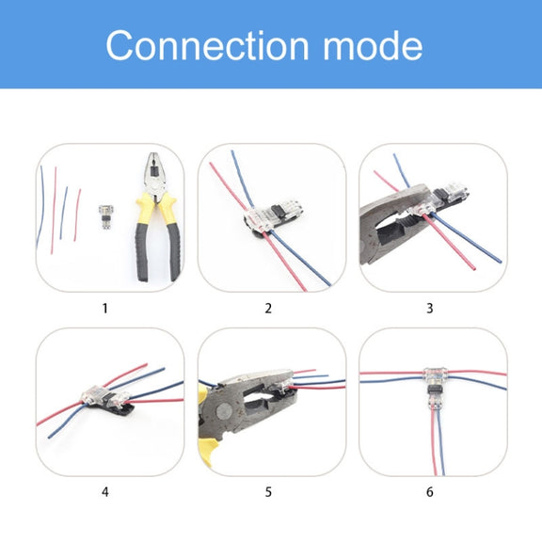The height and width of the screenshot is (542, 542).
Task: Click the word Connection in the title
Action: coord(207,45)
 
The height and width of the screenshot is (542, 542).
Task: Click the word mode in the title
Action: coord(373,45)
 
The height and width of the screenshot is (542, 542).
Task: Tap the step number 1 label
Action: coord(105,308)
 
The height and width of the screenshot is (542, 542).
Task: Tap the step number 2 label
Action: coord(268,308)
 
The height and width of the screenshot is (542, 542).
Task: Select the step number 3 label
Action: coord(430,308)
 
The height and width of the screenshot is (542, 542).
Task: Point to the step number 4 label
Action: coord(105,491)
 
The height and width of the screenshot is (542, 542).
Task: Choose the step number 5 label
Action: coord(268,491)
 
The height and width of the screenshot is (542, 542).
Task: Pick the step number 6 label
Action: coord(430,491)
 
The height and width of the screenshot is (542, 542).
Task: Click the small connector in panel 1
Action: coord(105,216)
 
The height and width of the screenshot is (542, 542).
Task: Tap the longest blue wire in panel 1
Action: coord(40,207)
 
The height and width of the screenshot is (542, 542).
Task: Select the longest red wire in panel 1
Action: coord(54,210)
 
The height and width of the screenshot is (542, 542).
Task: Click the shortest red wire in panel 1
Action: coord(77,215)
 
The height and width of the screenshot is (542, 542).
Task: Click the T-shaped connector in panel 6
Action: coord(435,388)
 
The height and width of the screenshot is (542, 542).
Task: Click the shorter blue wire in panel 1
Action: coord(63,213)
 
